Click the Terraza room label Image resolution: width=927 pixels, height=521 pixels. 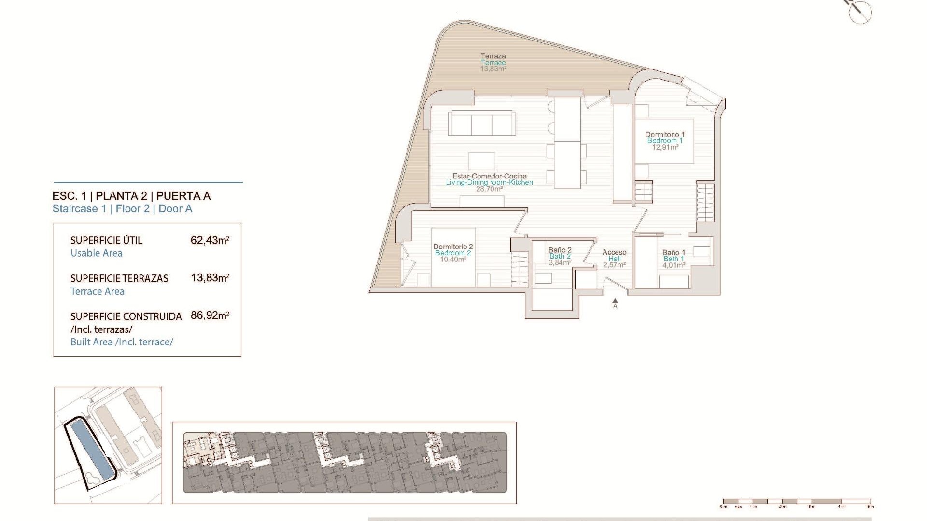[x=493, y=56]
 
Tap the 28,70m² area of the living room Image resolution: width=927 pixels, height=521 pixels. [x=489, y=189]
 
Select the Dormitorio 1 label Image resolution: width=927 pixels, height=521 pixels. [x=665, y=135]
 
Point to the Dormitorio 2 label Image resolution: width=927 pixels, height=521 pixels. [x=453, y=247]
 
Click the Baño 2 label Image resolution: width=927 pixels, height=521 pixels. [x=560, y=250]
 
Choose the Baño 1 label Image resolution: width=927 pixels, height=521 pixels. [x=674, y=253]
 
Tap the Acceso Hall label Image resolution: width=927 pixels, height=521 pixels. [x=614, y=255]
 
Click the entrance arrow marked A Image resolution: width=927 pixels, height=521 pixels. [x=615, y=302]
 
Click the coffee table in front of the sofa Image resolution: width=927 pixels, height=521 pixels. [x=481, y=161]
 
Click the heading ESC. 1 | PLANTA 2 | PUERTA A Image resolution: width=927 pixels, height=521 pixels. [x=131, y=196]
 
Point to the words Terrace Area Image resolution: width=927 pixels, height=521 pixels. [x=98, y=291]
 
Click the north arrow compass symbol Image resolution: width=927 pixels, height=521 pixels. [x=860, y=11]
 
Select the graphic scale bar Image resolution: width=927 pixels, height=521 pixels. [x=797, y=502]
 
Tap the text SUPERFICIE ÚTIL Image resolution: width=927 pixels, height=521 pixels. [x=106, y=240]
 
